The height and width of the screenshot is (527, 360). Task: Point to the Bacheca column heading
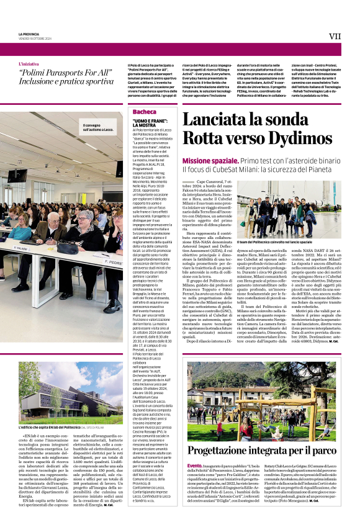click(144, 112)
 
